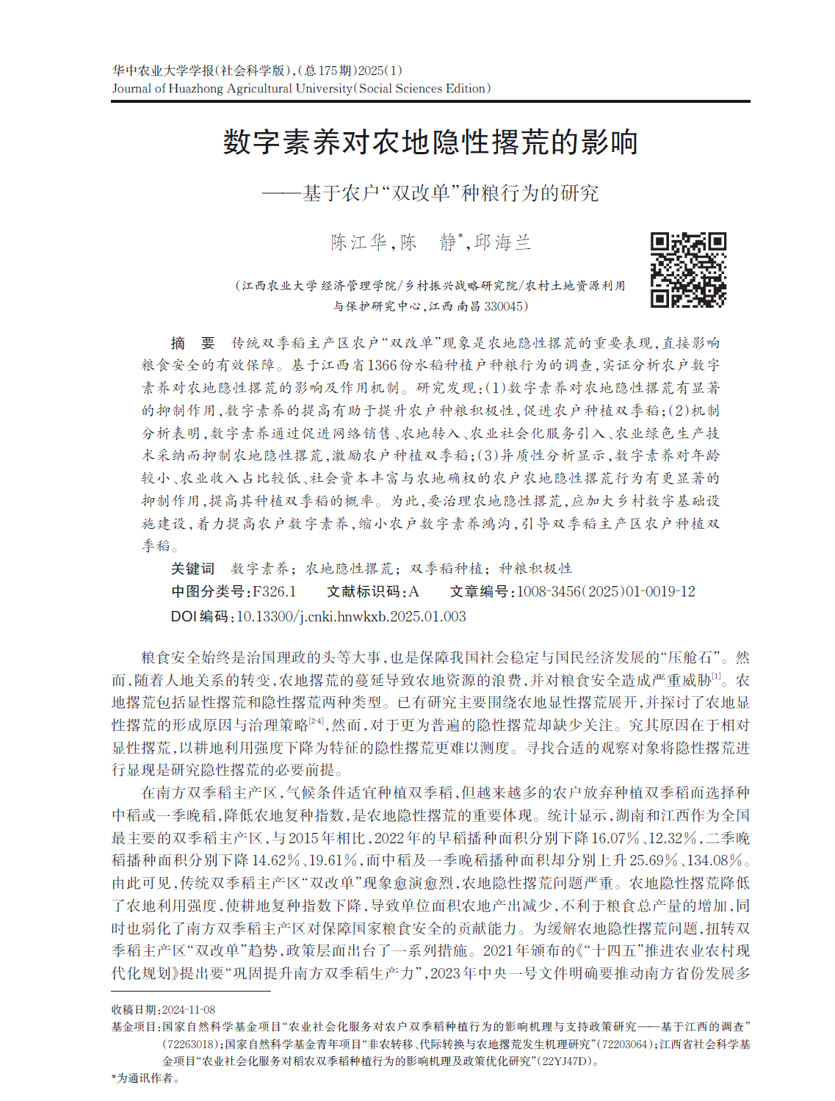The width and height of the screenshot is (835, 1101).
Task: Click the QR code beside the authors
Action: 688,270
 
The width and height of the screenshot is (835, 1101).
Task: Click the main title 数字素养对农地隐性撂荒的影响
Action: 430,142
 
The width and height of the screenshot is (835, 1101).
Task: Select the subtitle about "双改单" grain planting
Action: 430,193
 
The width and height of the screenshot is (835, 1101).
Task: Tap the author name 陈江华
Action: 358,242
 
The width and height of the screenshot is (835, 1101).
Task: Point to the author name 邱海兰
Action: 502,242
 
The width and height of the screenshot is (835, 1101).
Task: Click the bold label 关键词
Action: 192,568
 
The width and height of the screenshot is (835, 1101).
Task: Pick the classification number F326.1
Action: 274,592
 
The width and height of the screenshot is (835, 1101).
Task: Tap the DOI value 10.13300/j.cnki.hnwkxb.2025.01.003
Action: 351,617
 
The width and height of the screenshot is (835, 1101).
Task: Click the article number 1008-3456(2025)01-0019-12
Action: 606,592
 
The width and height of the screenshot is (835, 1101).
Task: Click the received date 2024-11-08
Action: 188,1010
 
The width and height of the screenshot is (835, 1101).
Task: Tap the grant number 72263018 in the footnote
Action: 190,1044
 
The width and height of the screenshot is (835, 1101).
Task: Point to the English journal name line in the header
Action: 301,89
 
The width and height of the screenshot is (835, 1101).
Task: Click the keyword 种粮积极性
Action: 535,568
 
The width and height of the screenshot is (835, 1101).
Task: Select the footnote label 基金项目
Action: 135,1027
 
